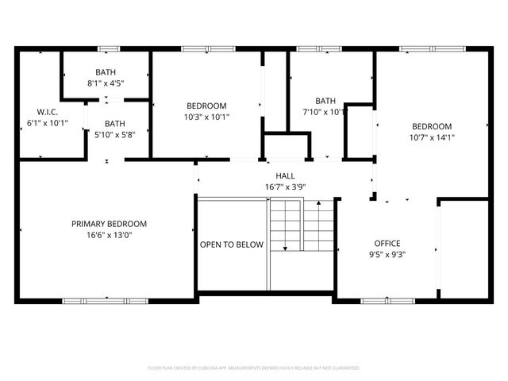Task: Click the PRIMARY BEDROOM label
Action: (109, 224)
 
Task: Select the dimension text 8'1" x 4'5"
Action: (106, 83)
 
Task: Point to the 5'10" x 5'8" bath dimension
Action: (115, 135)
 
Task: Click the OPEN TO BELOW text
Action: (231, 244)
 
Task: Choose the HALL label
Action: (286, 175)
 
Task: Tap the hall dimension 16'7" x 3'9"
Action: (286, 187)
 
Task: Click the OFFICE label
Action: (387, 243)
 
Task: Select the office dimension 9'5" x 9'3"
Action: (387, 255)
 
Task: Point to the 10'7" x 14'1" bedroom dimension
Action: (432, 137)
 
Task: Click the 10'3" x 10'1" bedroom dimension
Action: (206, 117)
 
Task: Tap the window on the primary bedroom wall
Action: (94, 301)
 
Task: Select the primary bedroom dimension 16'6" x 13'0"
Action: (109, 236)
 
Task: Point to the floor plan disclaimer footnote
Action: (254, 368)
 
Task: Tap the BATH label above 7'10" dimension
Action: (325, 101)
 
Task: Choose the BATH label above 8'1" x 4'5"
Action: (106, 71)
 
